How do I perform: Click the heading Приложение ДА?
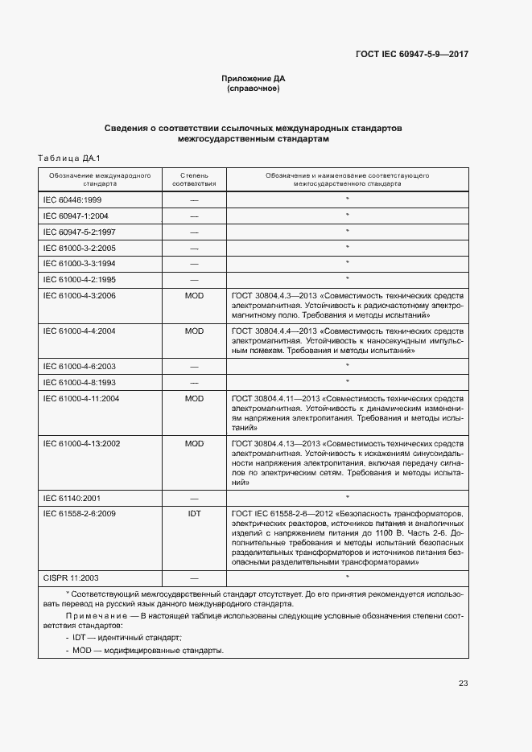click(254, 79)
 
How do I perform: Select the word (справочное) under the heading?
click(254, 88)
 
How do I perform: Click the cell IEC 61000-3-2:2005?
click(79, 248)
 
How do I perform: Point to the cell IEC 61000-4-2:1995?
click(79, 279)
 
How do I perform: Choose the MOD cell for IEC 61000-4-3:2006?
click(194, 296)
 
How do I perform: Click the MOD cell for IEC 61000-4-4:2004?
click(194, 331)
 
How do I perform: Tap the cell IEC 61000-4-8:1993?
click(79, 381)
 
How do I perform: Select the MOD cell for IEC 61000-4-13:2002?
click(194, 443)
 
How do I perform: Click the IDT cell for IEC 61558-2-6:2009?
click(194, 512)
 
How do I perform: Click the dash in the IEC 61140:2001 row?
click(194, 498)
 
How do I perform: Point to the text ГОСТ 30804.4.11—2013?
click(274, 398)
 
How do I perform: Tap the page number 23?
click(464, 684)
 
